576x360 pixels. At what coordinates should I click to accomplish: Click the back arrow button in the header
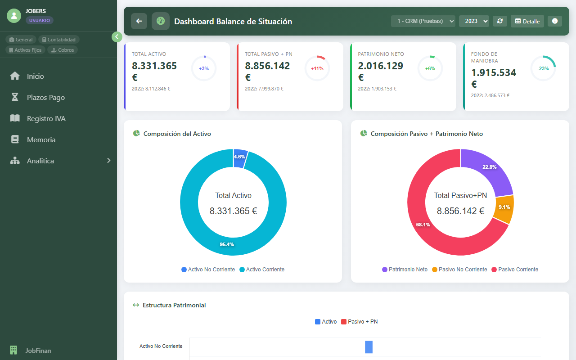click(139, 21)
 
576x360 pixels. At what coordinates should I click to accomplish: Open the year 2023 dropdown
click(474, 21)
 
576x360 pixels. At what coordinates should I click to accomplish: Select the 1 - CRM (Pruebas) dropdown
click(423, 21)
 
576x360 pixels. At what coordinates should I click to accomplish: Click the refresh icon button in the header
click(499, 21)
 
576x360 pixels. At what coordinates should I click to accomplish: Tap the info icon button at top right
click(554, 21)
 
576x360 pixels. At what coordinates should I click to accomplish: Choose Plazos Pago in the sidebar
click(45, 97)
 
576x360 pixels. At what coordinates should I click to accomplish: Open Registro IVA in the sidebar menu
click(46, 118)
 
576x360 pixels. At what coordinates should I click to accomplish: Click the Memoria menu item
click(41, 139)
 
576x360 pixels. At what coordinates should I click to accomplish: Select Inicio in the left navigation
click(35, 76)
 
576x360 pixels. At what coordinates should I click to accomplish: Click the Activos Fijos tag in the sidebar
click(26, 50)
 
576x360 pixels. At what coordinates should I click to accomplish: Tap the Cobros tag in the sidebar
click(63, 50)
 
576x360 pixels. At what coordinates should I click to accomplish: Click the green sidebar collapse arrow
click(117, 37)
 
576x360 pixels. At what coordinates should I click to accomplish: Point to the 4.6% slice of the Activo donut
click(240, 157)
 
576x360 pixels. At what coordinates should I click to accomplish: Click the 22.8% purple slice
click(488, 169)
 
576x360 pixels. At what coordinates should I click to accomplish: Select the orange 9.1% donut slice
click(504, 208)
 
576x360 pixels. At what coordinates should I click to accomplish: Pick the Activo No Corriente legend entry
click(208, 270)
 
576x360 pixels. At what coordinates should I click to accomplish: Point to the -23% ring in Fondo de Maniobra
click(543, 68)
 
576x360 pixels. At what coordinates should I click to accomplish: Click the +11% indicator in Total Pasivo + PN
click(317, 68)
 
